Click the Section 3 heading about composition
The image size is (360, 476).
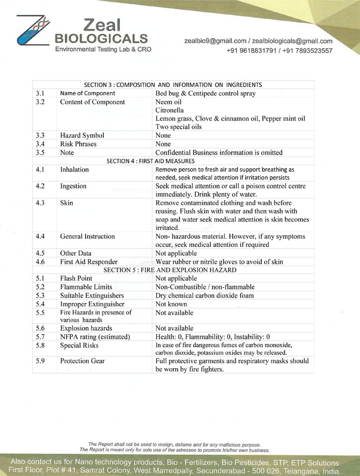pos(173,85)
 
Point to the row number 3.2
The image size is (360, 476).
pos(40,102)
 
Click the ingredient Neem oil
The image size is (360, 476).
pos(168,102)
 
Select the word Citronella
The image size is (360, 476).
pos(169,110)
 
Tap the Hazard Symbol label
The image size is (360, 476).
pos(82,135)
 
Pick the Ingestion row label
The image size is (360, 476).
pos(73,186)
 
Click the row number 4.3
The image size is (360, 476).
pos(40,203)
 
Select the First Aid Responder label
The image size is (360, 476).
pos(88,262)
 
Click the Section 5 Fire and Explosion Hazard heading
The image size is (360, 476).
pos(170,270)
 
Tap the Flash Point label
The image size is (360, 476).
pos(76,278)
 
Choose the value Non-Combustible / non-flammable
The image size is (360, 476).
pos(205,287)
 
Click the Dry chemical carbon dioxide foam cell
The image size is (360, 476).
pos(204,295)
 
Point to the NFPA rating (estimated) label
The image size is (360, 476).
pos(95,337)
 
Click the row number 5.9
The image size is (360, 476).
pos(40,361)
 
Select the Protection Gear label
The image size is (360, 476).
pos(82,361)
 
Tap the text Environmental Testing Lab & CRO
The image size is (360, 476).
pos(103,49)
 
